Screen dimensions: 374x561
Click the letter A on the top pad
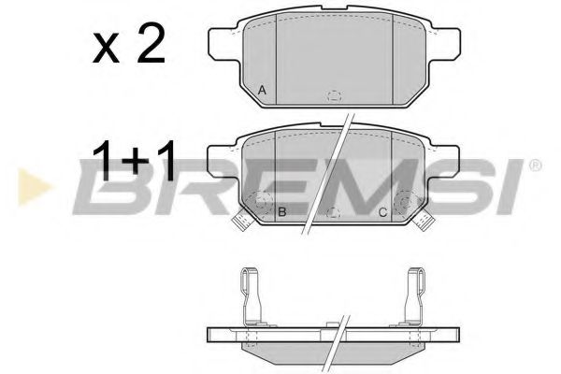(x=263, y=90)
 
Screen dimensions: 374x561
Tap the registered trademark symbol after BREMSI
(x=534, y=166)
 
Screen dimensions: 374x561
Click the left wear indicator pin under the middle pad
(x=239, y=222)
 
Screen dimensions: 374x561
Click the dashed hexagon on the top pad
(x=334, y=94)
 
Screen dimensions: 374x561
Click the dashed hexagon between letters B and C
(x=334, y=214)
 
